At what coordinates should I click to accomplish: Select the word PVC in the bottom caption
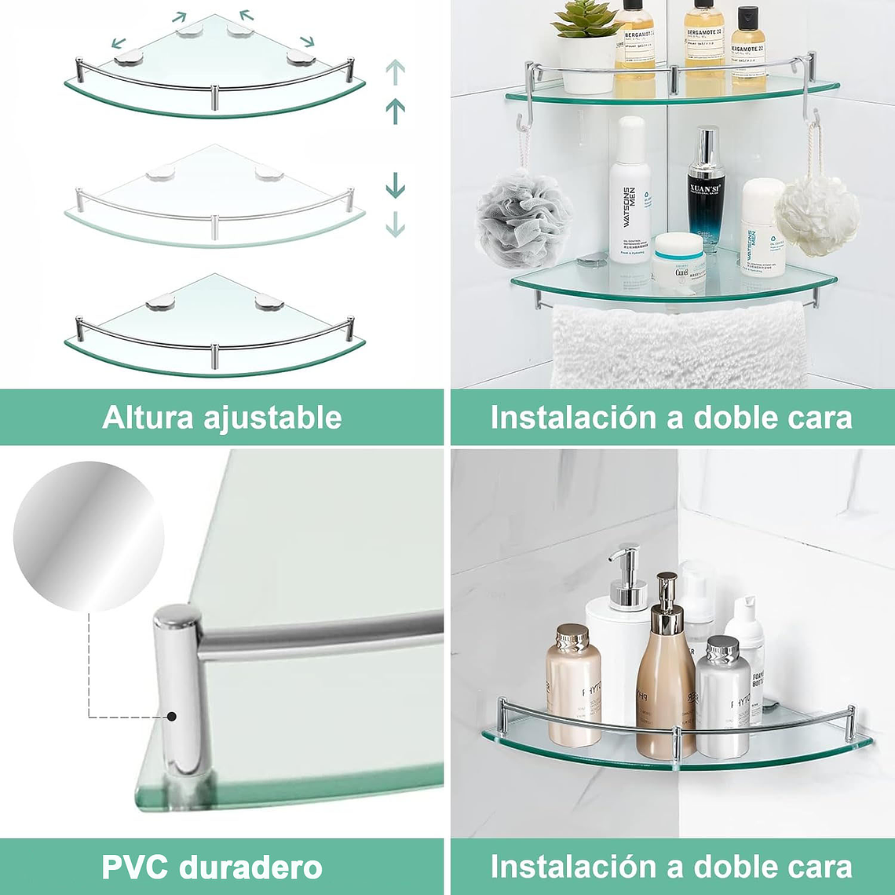pyautogui.click(x=134, y=868)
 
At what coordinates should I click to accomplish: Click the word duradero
pyautogui.click(x=250, y=868)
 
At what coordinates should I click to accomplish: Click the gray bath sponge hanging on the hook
pyautogui.click(x=524, y=220)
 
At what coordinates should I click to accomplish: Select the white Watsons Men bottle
pyautogui.click(x=630, y=192)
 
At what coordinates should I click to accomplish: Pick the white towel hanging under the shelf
pyautogui.click(x=678, y=345)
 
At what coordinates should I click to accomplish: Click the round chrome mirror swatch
pyautogui.click(x=89, y=536)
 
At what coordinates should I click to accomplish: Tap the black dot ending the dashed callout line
pyautogui.click(x=171, y=716)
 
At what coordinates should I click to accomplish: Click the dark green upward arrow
pyautogui.click(x=395, y=111)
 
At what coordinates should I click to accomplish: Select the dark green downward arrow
pyautogui.click(x=395, y=185)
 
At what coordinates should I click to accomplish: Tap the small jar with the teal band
pyautogui.click(x=678, y=260)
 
